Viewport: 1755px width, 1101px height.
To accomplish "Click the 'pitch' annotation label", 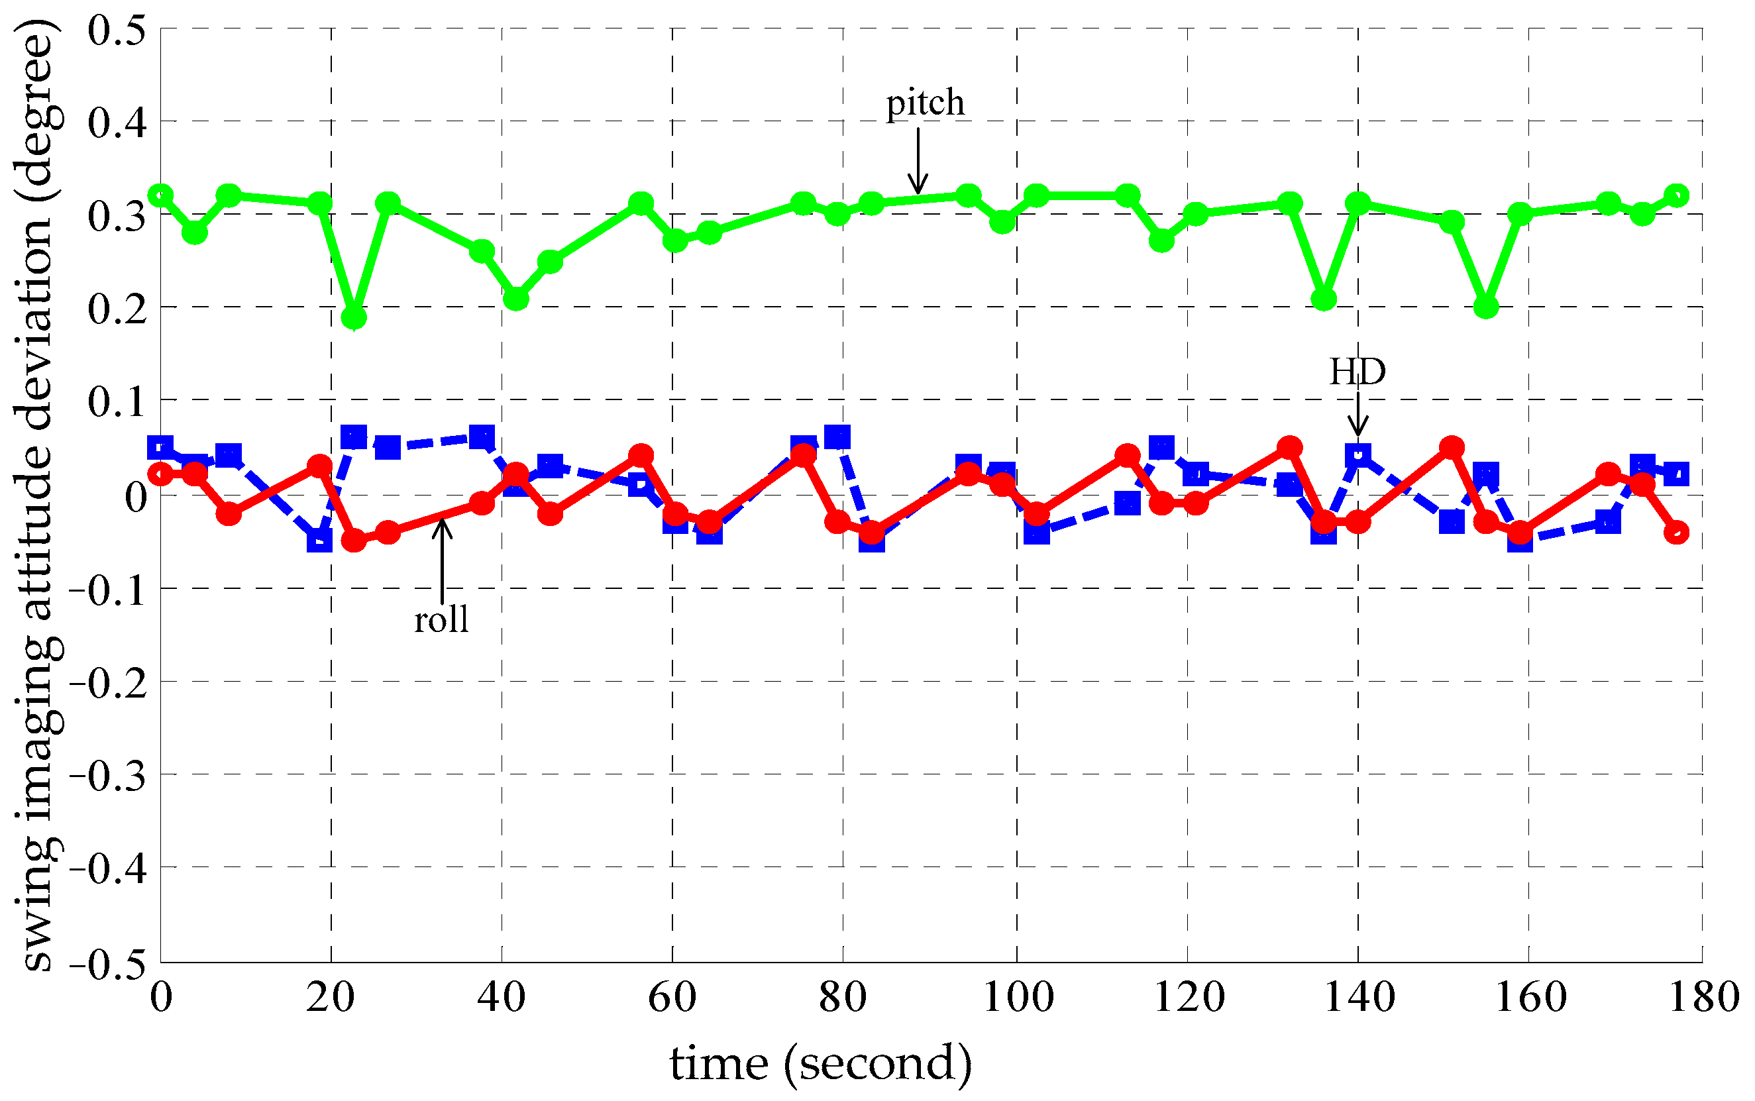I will [x=925, y=103].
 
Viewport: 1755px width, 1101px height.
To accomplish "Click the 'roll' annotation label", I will [x=441, y=619].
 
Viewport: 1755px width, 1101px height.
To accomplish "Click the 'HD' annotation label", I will [x=1357, y=372].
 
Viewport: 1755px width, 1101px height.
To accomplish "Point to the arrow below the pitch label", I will [x=918, y=162].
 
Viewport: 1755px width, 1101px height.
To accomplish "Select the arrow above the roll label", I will [x=442, y=559].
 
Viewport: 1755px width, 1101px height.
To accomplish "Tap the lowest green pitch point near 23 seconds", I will [x=354, y=317].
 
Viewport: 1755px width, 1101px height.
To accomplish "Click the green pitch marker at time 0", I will [x=161, y=195].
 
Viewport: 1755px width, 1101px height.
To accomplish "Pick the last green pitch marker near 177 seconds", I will [x=1676, y=195].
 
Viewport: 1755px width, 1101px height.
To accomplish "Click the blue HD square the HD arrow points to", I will [x=1358, y=455].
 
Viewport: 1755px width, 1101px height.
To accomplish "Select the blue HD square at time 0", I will [x=161, y=446].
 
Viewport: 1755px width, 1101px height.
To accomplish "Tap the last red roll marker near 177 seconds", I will [x=1676, y=533].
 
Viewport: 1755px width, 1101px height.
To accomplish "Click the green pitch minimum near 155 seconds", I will [x=1485, y=307].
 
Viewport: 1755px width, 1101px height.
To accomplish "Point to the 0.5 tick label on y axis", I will [x=117, y=30].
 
